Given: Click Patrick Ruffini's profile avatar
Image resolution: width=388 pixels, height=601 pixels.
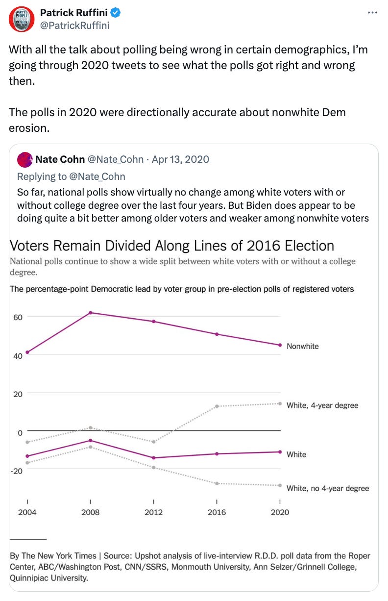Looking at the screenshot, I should pos(21,19).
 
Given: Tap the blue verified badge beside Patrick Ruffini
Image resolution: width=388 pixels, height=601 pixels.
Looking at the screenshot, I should pos(115,12).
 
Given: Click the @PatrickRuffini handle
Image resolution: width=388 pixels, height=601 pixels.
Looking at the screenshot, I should pos(74,25).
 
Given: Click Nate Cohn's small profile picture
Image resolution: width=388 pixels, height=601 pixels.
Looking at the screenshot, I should pos(24,159).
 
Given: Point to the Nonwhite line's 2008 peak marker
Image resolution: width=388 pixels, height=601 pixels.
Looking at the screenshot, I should pos(90,312).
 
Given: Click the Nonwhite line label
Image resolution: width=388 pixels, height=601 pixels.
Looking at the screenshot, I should pos(302,346).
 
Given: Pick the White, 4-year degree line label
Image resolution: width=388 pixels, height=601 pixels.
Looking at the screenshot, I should pos(322,405).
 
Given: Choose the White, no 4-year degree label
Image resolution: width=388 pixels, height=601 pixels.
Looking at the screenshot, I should pos(327,488).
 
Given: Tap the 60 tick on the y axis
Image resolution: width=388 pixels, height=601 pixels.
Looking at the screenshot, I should pos(18,317).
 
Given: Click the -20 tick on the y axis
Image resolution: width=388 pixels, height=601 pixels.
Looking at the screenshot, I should pos(18,471).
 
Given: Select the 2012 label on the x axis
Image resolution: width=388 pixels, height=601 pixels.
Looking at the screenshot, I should pos(154,512).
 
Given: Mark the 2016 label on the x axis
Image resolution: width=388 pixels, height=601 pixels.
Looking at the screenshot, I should pos(217,512).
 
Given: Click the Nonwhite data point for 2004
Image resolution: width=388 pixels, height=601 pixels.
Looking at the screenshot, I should pos(27,352).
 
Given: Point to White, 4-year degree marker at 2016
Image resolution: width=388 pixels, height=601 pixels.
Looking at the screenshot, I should pos(217,406).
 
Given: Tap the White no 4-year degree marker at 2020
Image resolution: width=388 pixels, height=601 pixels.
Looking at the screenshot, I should pos(280,485).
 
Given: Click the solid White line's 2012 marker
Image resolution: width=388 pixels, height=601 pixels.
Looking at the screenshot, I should pos(154,458).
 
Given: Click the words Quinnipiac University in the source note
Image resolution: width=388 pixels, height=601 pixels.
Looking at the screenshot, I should pos(49,578).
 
